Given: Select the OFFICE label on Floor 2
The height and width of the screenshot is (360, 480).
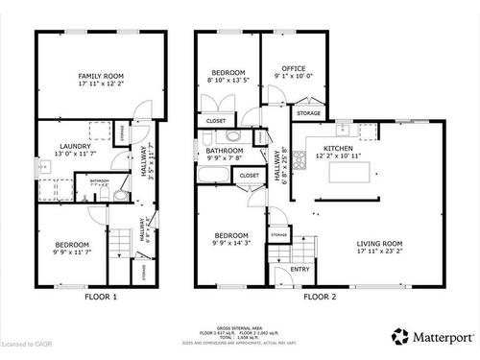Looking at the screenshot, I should (x=293, y=69).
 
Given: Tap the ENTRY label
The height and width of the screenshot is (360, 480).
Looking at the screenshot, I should (x=300, y=270).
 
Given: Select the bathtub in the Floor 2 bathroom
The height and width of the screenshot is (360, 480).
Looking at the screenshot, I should (x=214, y=175).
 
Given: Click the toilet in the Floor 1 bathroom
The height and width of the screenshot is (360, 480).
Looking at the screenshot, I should (x=120, y=195).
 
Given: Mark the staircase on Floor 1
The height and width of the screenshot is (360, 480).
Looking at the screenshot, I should (x=118, y=253).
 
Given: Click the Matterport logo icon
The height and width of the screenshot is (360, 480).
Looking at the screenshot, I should (x=399, y=337).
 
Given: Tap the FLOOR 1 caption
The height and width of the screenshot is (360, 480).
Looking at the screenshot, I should (x=101, y=298).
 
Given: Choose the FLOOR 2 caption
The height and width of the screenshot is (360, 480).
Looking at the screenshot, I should (x=320, y=298).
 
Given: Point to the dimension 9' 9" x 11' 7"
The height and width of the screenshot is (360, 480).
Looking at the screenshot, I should (x=71, y=252).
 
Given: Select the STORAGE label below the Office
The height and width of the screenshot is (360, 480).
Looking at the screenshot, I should (x=308, y=113).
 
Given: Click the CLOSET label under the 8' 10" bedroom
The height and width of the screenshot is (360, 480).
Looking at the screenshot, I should (x=215, y=121).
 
